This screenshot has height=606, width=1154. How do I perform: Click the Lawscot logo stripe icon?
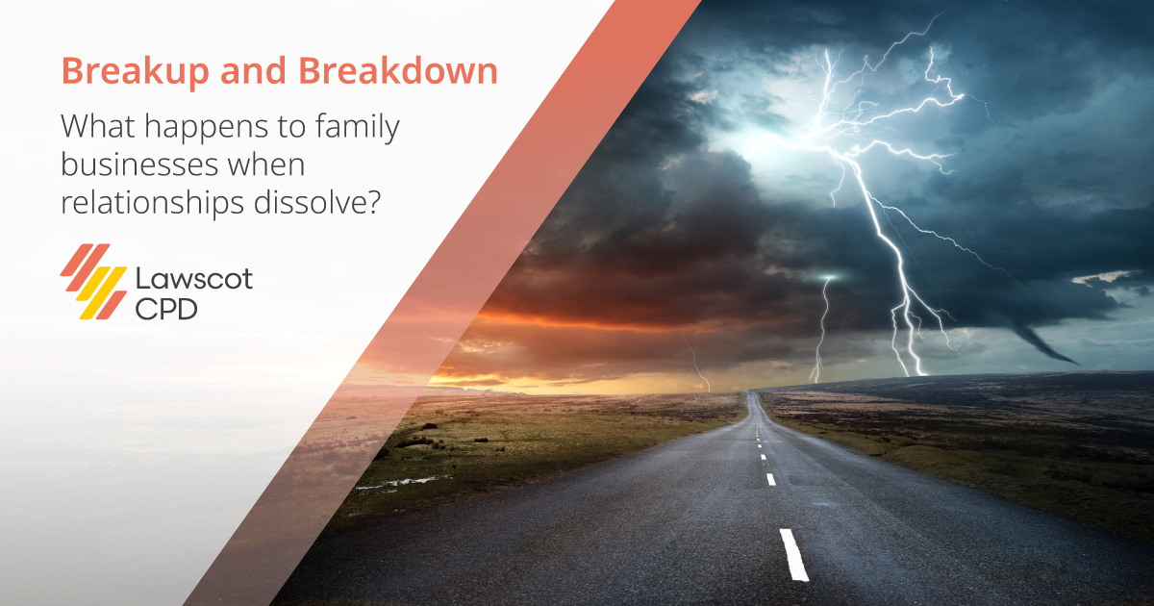93,281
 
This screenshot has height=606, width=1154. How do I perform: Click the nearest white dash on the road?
793,555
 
